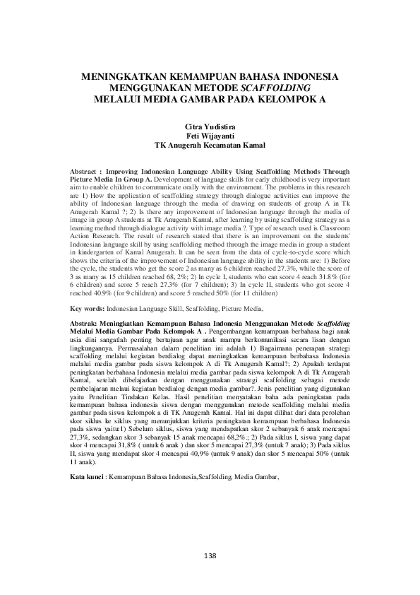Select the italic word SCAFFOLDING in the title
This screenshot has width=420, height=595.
[281, 88]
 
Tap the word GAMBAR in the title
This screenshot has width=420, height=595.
[208, 100]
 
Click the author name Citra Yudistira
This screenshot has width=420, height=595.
[210, 125]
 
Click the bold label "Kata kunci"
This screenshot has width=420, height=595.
[88, 478]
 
